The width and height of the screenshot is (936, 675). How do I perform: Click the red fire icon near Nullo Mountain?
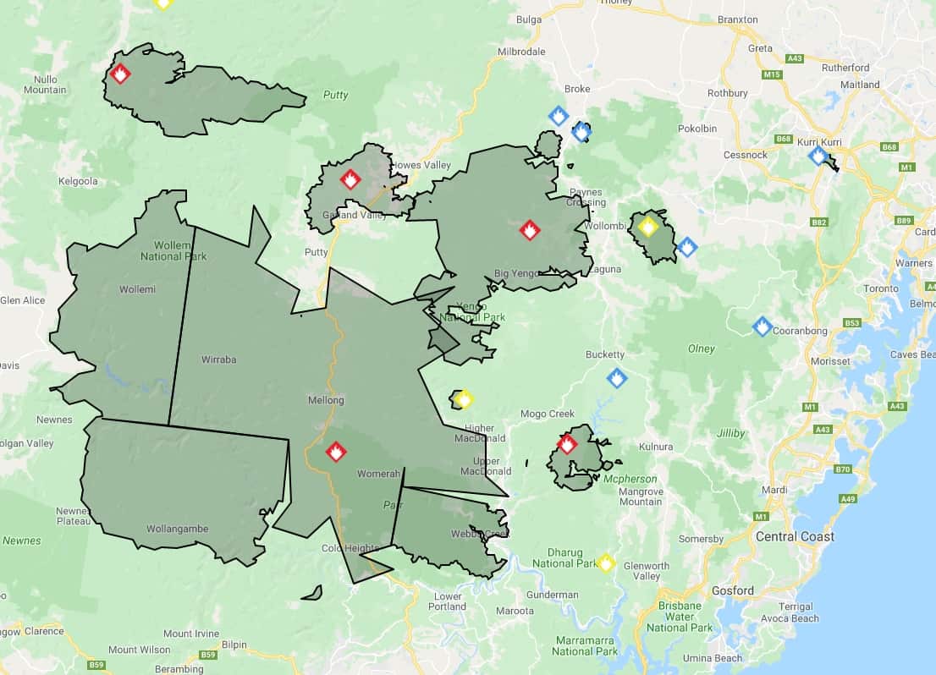pos(120,74)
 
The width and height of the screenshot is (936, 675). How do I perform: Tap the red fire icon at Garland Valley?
pos(350,179)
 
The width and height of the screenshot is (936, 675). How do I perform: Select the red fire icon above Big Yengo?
pos(530,229)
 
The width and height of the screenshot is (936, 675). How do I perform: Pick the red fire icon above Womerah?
pos(336,451)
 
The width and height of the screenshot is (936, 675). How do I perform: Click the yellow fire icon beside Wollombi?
pos(648,227)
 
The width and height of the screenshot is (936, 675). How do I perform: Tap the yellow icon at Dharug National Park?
pos(605,562)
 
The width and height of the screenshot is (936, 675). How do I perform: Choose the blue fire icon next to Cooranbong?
pos(762,327)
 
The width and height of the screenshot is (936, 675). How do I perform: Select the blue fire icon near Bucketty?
pos(617,378)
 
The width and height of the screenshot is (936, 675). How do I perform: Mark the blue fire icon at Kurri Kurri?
pos(818,156)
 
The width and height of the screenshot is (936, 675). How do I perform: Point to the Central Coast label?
pos(795,536)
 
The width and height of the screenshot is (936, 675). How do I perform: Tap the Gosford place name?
pos(732,590)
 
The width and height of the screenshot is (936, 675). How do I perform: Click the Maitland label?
pos(860,85)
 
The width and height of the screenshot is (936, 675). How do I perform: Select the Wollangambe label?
pos(177,530)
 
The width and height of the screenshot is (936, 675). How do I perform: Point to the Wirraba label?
pos(218,359)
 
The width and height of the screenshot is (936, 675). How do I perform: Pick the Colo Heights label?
pos(350,548)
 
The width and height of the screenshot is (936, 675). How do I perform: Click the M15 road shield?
pos(772,75)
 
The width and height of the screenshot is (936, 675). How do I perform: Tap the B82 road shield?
pos(818,222)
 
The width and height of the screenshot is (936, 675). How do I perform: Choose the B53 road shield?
pos(852,323)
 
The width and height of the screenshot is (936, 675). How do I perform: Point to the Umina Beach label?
pos(713,658)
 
